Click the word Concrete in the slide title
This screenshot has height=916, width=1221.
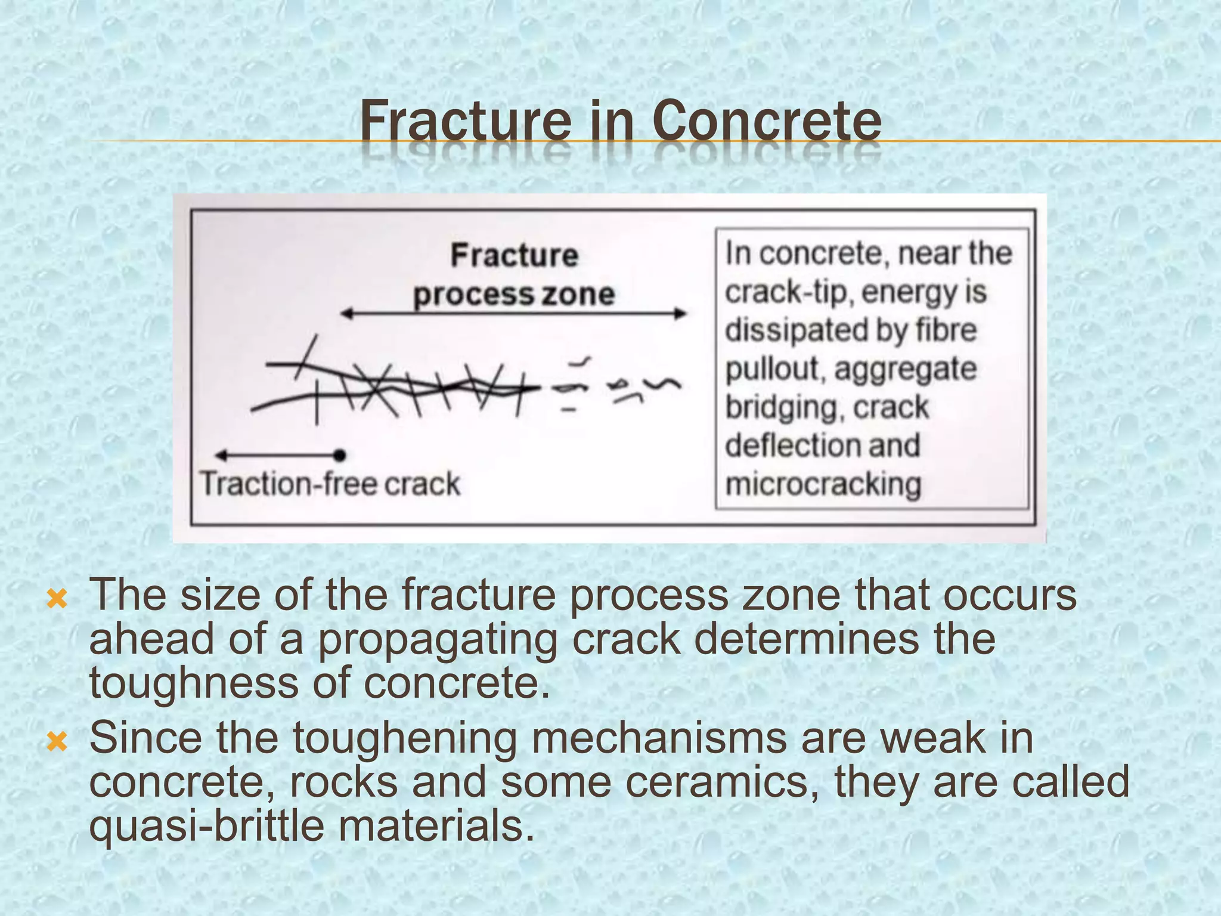tap(767, 121)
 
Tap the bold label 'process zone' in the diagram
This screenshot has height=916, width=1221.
tap(514, 295)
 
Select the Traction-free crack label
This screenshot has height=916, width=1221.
tap(330, 484)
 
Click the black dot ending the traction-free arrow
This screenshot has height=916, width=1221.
tap(340, 456)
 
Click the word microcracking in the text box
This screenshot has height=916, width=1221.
tap(823, 484)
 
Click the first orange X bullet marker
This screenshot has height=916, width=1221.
tap(57, 598)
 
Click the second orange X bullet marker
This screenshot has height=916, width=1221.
tap(57, 742)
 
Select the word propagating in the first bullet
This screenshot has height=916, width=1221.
tap(437, 640)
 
